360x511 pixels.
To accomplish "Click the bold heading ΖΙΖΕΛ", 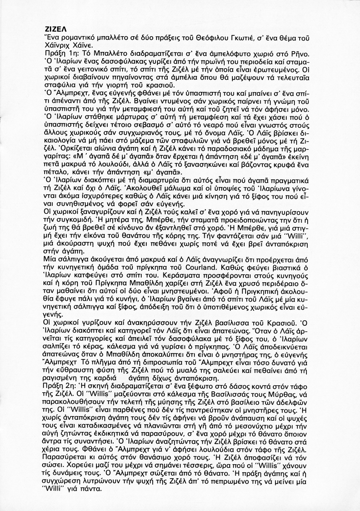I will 55,30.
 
